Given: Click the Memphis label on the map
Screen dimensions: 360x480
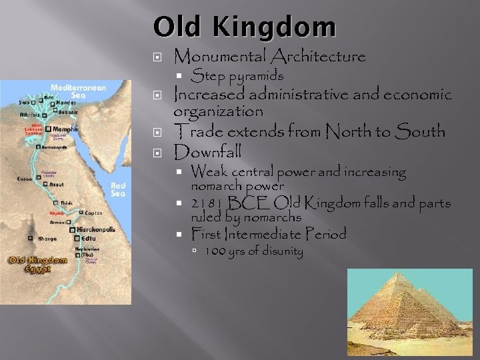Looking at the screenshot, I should click(67, 129).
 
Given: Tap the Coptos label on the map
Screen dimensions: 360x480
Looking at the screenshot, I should click(93, 213).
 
